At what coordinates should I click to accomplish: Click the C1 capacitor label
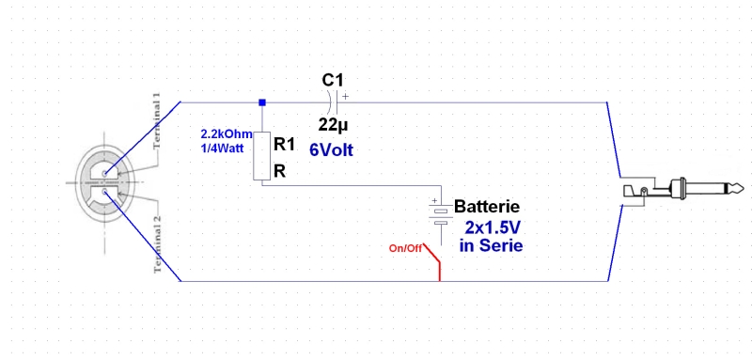(333, 80)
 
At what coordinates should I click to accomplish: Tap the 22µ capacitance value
(334, 125)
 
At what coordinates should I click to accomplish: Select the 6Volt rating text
(332, 150)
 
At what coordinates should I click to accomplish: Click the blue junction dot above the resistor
(262, 102)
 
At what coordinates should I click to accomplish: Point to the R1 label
(284, 145)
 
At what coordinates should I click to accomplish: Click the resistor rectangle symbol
(262, 155)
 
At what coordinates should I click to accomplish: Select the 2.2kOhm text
(227, 134)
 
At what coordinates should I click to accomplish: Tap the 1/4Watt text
(222, 149)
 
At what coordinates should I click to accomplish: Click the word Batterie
(487, 207)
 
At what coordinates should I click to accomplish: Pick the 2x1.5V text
(493, 227)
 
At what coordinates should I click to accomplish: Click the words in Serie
(491, 246)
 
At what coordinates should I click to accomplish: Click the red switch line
(435, 261)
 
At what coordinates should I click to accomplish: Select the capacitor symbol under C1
(335, 102)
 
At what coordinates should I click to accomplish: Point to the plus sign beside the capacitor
(345, 97)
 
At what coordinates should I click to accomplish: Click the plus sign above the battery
(434, 201)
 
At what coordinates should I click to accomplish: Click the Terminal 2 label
(157, 244)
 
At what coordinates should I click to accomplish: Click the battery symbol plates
(441, 216)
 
